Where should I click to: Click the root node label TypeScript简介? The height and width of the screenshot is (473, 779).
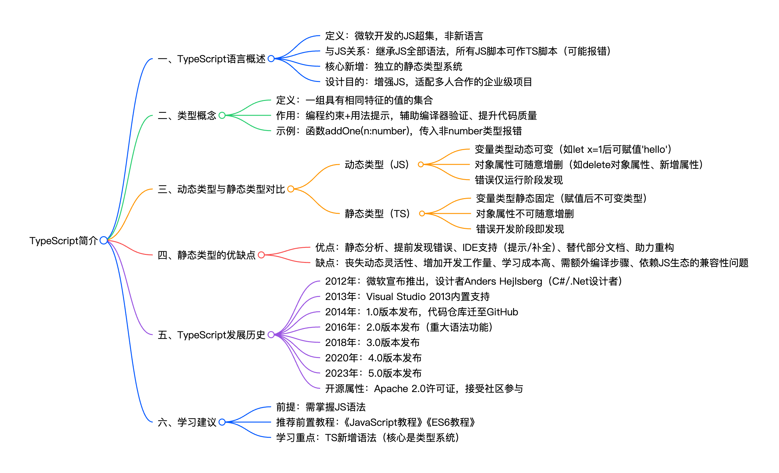(x=63, y=241)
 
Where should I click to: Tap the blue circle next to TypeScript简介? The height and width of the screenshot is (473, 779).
(x=103, y=240)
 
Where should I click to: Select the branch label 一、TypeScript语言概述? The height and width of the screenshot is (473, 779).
(x=212, y=59)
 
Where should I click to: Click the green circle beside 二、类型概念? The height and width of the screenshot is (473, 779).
(x=222, y=116)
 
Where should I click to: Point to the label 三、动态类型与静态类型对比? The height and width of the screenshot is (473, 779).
(x=221, y=189)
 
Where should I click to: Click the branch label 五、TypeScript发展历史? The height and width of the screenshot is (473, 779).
(x=212, y=335)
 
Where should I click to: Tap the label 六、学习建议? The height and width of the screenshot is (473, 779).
(x=187, y=422)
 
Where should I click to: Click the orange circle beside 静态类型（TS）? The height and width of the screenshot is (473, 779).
(x=422, y=214)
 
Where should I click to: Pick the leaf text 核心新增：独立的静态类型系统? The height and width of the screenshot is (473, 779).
(x=393, y=67)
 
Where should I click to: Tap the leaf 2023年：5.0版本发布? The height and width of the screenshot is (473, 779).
(x=373, y=373)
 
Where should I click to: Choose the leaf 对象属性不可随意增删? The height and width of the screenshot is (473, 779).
(x=525, y=214)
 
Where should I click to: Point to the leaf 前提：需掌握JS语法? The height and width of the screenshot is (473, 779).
(x=320, y=407)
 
